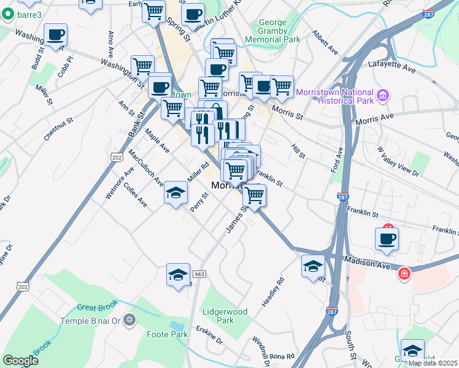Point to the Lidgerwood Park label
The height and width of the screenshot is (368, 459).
tap(225, 316)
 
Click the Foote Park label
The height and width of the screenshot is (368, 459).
tap(167, 334)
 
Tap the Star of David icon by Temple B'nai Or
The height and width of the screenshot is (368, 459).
tap(129, 320)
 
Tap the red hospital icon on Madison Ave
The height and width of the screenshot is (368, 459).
tap(404, 273)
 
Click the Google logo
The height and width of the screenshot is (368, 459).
tap(20, 361)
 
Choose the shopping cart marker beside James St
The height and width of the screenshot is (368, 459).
tap(254, 196)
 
